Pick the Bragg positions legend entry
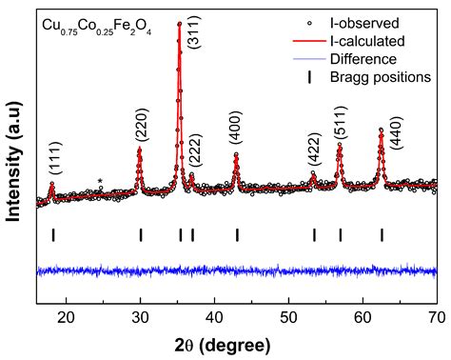tap(390, 76)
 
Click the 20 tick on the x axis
tap(67, 318)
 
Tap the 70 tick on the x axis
tap(436, 318)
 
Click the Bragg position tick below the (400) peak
tap(237, 234)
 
